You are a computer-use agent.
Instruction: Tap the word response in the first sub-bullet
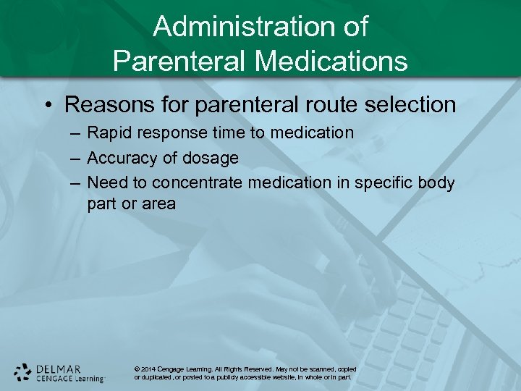pos(166,133)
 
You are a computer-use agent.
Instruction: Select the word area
pos(158,203)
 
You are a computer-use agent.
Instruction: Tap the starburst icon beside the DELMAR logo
pos(23,372)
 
